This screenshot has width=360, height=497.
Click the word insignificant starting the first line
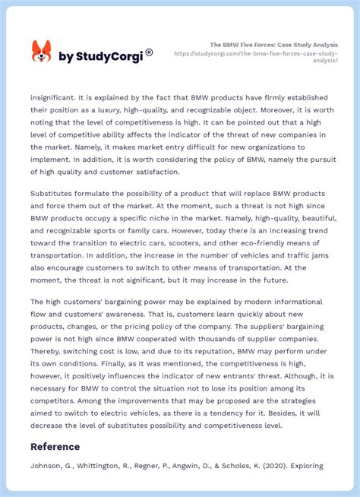58,97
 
